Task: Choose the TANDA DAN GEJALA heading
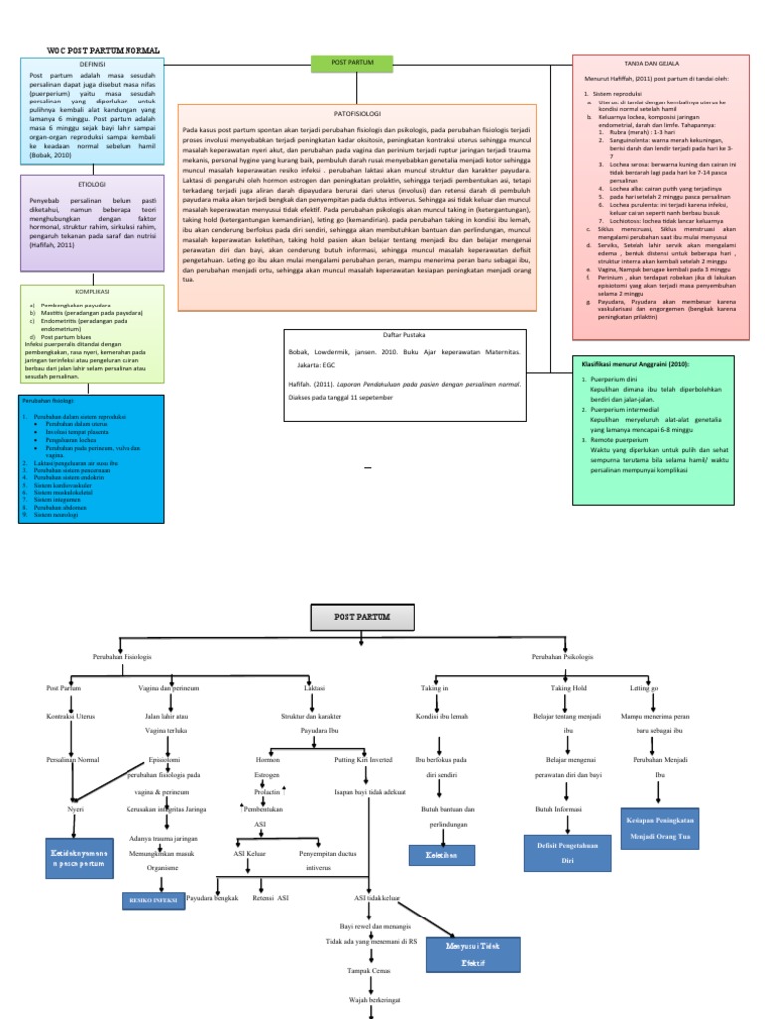pos(658,63)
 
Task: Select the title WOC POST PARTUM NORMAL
pos(104,49)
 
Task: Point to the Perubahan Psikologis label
pos(562,658)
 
